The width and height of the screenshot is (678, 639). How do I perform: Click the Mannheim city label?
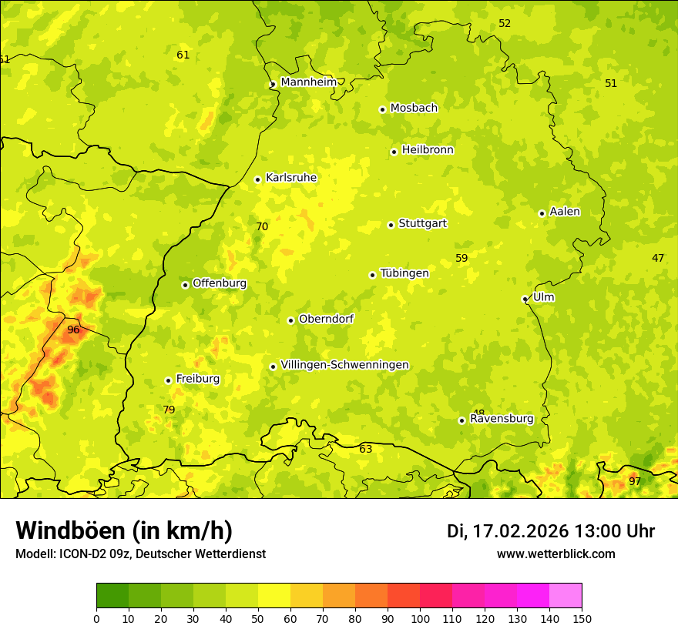click(x=308, y=82)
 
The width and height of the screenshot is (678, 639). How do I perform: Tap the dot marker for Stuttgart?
click(x=391, y=225)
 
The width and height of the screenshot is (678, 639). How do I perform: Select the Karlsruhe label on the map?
click(x=290, y=178)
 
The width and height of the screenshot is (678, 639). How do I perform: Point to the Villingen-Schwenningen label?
click(x=344, y=365)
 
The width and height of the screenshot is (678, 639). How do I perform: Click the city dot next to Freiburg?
click(x=168, y=380)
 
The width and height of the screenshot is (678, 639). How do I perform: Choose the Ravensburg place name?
click(x=502, y=419)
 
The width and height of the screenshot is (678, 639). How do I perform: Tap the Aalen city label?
click(x=565, y=212)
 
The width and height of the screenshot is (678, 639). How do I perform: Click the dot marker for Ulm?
click(x=525, y=299)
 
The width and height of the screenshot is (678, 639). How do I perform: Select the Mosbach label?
click(x=414, y=109)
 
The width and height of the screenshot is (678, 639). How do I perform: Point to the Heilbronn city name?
click(x=428, y=150)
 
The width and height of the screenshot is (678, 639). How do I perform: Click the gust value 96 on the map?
click(x=73, y=330)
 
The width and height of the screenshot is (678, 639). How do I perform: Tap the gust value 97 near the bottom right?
click(x=634, y=481)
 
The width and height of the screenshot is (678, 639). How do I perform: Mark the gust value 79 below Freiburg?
click(x=169, y=410)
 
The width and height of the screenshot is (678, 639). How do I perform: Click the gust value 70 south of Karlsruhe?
click(x=262, y=226)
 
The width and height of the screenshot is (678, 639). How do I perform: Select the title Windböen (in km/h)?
click(x=124, y=530)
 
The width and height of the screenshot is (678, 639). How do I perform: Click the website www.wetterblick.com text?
click(x=555, y=554)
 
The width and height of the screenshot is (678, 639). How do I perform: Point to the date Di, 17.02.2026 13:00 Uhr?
click(x=551, y=531)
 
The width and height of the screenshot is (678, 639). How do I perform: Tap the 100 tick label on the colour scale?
click(x=420, y=618)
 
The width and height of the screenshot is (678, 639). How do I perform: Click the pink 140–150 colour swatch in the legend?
click(x=566, y=595)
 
